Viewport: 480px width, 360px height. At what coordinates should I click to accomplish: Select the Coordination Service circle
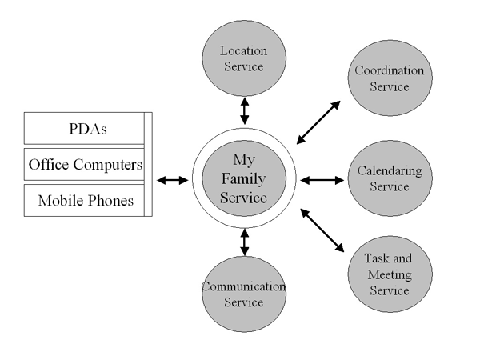click(390, 78)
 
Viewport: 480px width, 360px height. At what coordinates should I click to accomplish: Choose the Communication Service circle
click(244, 294)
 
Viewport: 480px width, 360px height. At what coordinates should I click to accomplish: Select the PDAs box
click(86, 128)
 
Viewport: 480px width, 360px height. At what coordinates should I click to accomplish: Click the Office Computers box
click(86, 165)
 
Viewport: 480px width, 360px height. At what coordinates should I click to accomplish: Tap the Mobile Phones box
click(86, 201)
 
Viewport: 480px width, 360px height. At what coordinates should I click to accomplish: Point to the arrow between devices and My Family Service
click(172, 181)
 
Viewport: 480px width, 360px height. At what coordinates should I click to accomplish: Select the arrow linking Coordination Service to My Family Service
click(319, 122)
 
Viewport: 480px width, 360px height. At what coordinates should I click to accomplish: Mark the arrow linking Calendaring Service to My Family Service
click(321, 181)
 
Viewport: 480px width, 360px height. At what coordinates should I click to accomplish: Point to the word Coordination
click(390, 70)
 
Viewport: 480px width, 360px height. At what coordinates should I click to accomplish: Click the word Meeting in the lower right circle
click(388, 275)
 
